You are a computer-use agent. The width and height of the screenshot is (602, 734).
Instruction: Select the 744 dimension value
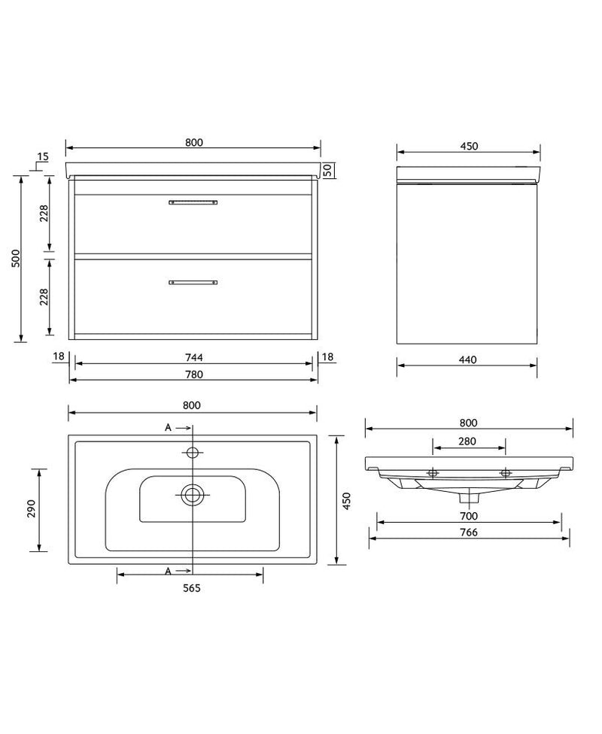tap(194, 356)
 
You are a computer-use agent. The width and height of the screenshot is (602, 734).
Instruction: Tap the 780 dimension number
tap(194, 374)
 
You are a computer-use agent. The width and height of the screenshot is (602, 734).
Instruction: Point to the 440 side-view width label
tap(467, 360)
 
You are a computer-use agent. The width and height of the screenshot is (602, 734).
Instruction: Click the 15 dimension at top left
tap(42, 156)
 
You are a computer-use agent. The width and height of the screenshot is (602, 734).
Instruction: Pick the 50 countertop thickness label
tap(328, 169)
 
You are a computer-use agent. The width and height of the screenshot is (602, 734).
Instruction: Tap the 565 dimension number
tap(191, 588)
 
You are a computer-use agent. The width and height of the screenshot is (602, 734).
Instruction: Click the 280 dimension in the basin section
tap(467, 441)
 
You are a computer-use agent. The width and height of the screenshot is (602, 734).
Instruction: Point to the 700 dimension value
tap(469, 516)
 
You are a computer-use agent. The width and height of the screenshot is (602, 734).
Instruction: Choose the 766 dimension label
tap(469, 532)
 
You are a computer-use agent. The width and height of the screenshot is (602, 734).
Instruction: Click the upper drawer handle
tap(193, 202)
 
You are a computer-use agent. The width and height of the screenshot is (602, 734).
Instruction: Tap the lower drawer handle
tap(193, 283)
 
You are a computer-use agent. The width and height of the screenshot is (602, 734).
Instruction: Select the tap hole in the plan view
tap(193, 453)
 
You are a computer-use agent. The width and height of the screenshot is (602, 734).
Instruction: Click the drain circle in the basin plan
tap(193, 494)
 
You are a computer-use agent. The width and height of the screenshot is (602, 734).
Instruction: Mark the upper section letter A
tap(169, 427)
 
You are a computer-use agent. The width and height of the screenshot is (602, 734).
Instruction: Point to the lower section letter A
tap(169, 572)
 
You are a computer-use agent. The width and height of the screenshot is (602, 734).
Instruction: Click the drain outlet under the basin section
tap(471, 496)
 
